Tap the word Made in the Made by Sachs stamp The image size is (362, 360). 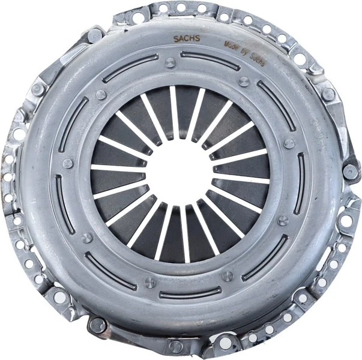232,44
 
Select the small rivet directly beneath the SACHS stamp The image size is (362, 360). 170,62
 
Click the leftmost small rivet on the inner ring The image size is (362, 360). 68,163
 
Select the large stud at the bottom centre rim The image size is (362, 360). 175,346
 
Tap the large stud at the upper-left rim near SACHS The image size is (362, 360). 95,35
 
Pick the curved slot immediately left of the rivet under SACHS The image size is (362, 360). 128,68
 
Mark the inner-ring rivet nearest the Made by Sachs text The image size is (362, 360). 244,82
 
